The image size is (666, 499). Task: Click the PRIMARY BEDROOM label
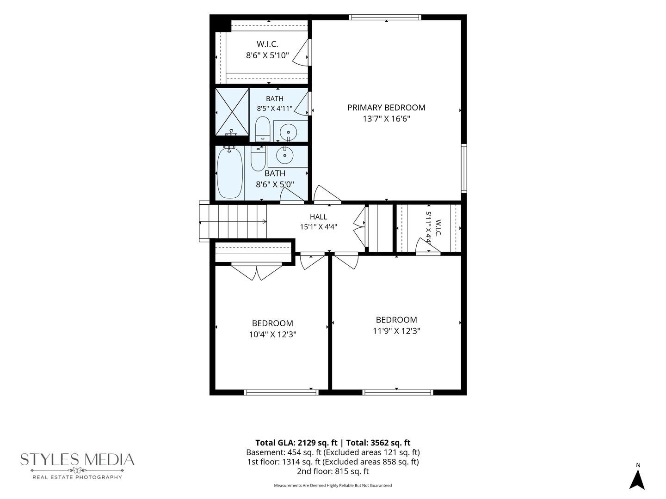click(386, 108)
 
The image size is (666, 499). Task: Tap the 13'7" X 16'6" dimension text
click(386, 119)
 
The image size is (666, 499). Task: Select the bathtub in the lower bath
click(230, 172)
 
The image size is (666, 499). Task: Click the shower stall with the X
click(232, 111)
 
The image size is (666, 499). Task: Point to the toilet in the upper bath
click(262, 129)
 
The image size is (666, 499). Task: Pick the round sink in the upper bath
click(288, 133)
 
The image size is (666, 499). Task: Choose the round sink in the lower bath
click(284, 155)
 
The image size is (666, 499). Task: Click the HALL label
click(319, 217)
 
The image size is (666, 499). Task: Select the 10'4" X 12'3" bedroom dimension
click(272, 335)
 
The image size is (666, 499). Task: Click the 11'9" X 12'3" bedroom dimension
click(396, 331)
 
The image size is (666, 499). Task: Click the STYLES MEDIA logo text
click(77, 460)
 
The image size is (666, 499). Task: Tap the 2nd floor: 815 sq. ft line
click(333, 471)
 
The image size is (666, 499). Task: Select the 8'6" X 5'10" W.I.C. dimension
click(267, 55)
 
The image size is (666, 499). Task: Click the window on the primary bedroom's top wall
click(385, 17)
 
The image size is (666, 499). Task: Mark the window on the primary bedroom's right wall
click(464, 169)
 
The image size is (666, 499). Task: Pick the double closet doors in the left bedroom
click(257, 272)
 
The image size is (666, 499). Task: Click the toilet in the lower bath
click(258, 158)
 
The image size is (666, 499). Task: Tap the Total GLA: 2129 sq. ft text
click(296, 443)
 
